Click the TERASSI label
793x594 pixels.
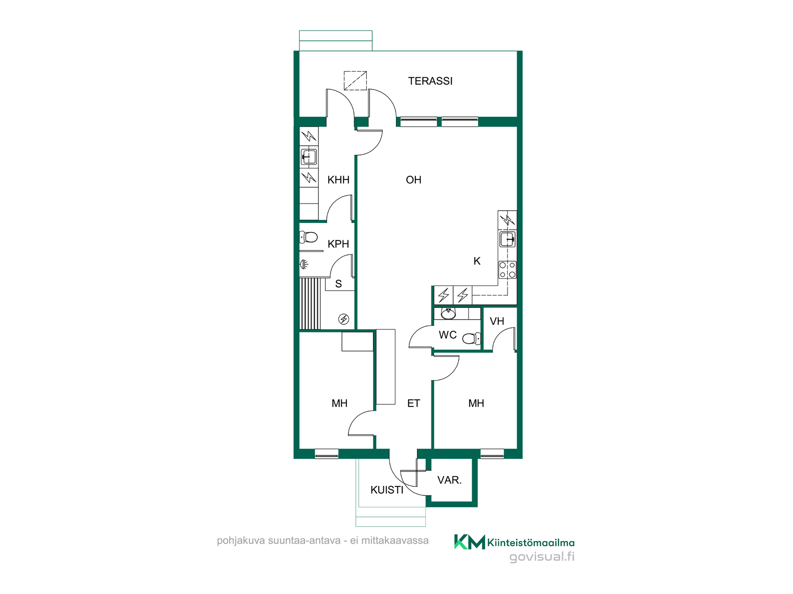pyautogui.click(x=430, y=81)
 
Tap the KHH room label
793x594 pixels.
pyautogui.click(x=338, y=180)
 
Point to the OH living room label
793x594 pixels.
pyautogui.click(x=413, y=180)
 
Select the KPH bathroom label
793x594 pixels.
pyautogui.click(x=338, y=244)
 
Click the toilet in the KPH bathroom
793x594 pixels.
pyautogui.click(x=309, y=237)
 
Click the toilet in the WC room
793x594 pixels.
pyautogui.click(x=472, y=339)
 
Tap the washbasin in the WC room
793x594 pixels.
pyautogui.click(x=448, y=313)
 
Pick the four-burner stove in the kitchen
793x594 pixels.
pyautogui.click(x=507, y=270)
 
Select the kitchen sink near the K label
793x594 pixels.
pyautogui.click(x=507, y=239)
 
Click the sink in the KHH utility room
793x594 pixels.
pyautogui.click(x=309, y=157)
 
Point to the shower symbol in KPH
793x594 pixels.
pyautogui.click(x=304, y=264)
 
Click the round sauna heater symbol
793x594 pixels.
pyautogui.click(x=344, y=319)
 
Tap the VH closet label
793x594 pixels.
pyautogui.click(x=497, y=321)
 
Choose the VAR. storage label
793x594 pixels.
pyautogui.click(x=449, y=480)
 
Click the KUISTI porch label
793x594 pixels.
pyautogui.click(x=387, y=490)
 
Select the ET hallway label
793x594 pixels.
pyautogui.click(x=413, y=403)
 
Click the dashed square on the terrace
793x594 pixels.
pyautogui.click(x=355, y=80)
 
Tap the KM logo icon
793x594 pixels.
pyautogui.click(x=470, y=542)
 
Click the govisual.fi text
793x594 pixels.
pyautogui.click(x=542, y=557)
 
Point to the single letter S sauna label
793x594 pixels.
pyautogui.click(x=339, y=284)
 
